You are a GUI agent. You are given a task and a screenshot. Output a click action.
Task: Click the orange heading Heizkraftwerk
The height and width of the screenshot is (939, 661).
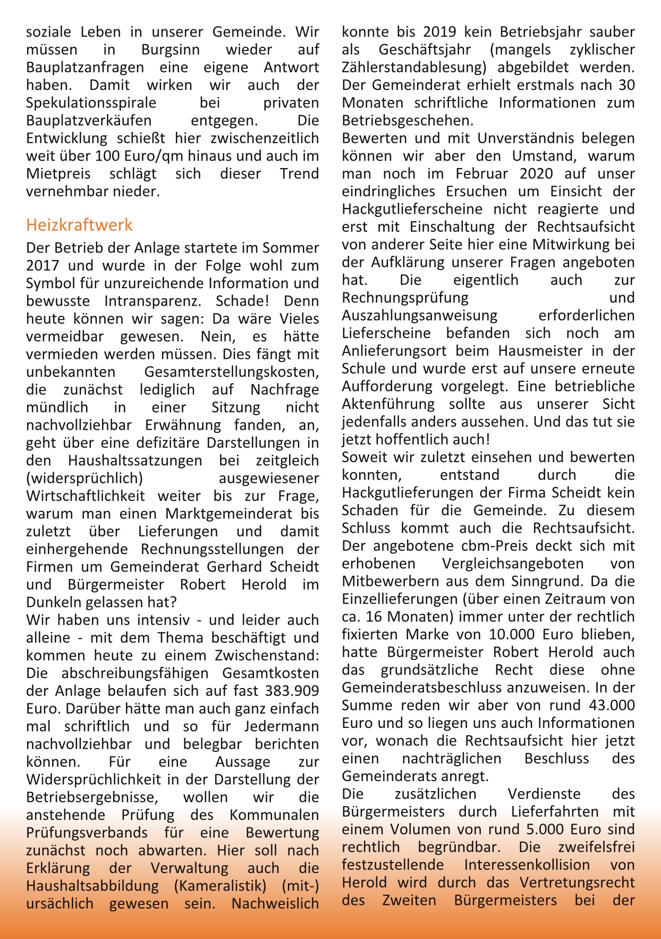click(79, 225)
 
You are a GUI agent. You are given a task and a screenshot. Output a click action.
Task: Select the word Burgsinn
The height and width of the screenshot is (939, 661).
click(171, 50)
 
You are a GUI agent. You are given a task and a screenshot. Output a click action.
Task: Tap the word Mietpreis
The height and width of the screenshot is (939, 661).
click(58, 174)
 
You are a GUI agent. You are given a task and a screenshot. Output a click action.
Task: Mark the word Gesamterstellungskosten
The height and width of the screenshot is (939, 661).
click(232, 372)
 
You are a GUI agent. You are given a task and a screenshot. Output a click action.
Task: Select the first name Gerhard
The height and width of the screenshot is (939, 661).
click(231, 567)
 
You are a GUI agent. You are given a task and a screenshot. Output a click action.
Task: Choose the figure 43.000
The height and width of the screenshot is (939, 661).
click(612, 706)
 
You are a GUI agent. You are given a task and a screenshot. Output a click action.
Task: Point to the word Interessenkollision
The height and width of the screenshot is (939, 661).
click(527, 865)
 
